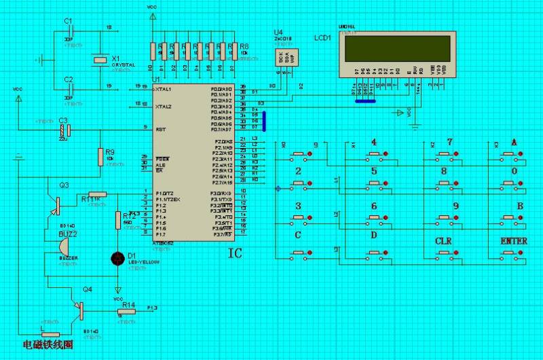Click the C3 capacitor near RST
(64, 128)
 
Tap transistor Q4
(79, 309)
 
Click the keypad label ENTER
(513, 241)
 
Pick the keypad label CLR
(443, 241)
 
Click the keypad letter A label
(513, 143)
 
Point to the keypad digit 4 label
(373, 143)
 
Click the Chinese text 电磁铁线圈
(48, 346)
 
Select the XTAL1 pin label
(163, 88)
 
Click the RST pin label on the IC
(160, 128)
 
